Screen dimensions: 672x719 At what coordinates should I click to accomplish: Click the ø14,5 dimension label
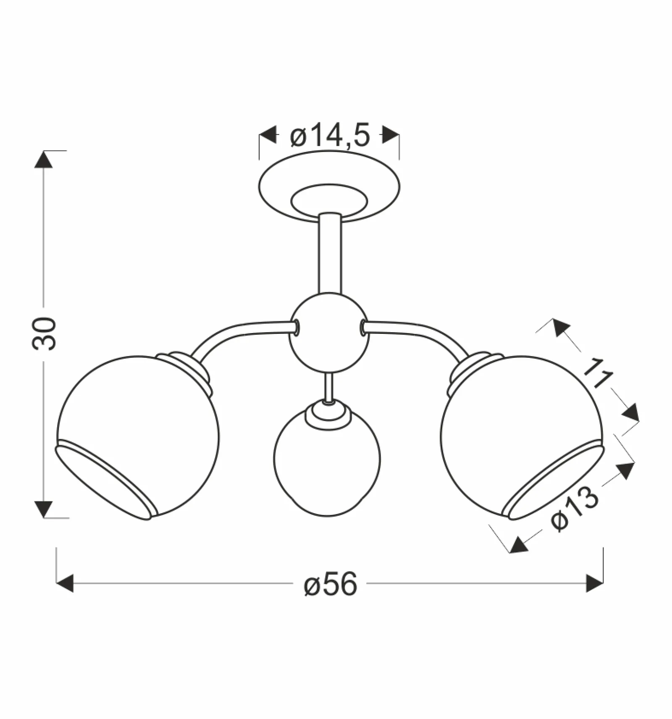[x=330, y=135]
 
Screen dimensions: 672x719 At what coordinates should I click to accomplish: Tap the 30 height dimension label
[x=44, y=334]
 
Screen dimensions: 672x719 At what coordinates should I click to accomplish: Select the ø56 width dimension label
[x=331, y=584]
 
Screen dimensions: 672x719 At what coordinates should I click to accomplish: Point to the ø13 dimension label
[x=575, y=509]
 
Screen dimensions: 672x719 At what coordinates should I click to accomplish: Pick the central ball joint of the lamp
[x=329, y=333]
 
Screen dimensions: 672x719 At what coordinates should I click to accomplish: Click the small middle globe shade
[x=327, y=462]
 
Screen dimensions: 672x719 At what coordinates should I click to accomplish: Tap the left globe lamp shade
[x=138, y=437]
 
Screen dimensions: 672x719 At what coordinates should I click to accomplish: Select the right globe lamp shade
[x=522, y=437]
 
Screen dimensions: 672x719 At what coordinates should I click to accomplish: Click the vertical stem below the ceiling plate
[x=330, y=254]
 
